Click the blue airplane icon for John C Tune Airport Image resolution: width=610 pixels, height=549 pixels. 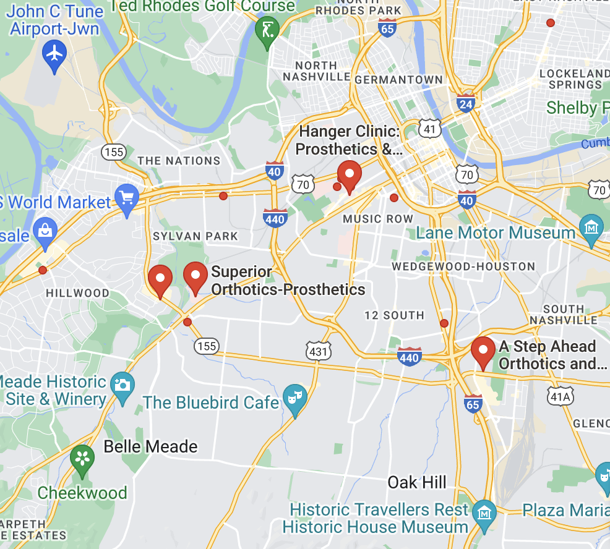55,54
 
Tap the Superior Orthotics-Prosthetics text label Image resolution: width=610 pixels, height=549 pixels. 288,281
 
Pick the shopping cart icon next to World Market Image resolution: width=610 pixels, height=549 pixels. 127,198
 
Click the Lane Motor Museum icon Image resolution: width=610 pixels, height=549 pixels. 592,229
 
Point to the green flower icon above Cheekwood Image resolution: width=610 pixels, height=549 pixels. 82,459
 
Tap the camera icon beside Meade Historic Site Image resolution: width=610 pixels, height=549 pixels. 122,386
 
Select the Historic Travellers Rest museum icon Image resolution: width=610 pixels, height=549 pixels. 484,513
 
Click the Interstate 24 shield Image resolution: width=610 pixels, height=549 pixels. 466,103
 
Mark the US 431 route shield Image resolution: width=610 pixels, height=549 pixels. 318,351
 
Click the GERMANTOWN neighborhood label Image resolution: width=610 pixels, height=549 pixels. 399,80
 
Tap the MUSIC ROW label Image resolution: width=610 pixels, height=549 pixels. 378,219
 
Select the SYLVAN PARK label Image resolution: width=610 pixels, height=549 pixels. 195,236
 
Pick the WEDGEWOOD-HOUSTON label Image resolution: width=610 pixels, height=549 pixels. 463,266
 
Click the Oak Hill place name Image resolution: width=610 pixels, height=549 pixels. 417,482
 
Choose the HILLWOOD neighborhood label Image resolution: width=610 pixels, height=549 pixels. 77,293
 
